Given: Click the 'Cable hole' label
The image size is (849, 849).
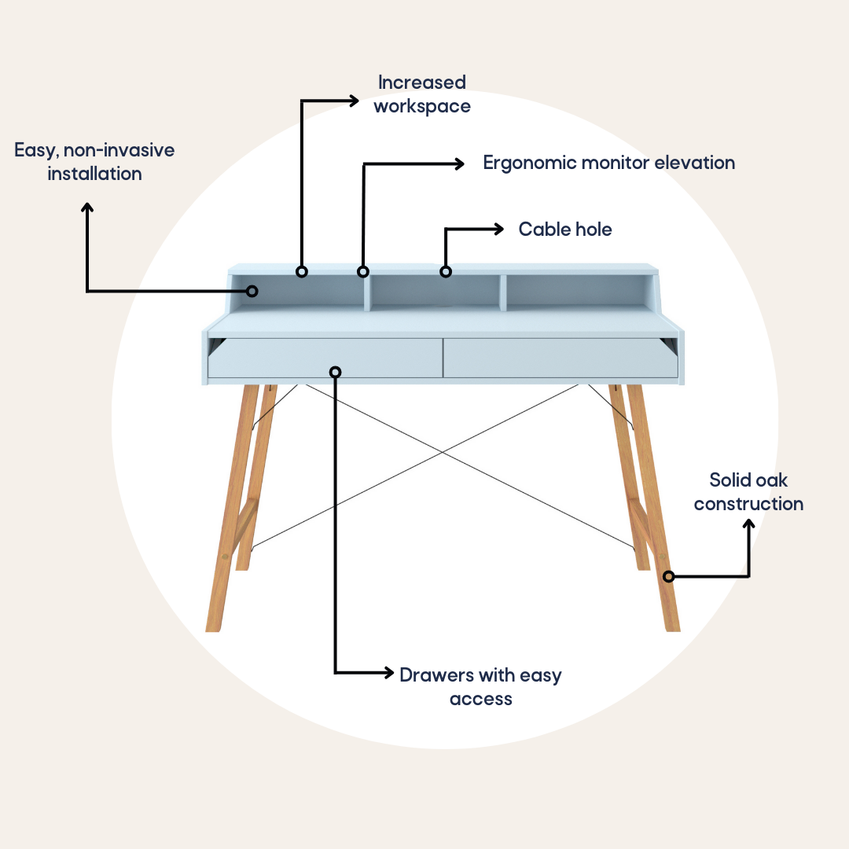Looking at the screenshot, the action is (x=565, y=229).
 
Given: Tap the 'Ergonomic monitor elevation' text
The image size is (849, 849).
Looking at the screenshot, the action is (x=609, y=163).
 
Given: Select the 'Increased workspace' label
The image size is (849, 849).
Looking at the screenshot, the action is (x=422, y=94).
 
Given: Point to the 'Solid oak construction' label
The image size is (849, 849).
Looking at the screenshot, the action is (x=748, y=491).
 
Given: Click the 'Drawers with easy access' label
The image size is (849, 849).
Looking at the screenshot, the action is (x=481, y=686).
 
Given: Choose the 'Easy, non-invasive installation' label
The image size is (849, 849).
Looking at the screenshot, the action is (x=94, y=162).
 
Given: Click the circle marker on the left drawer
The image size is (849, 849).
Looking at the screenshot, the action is (x=335, y=372).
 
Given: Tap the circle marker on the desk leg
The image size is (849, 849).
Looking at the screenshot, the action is (x=669, y=577).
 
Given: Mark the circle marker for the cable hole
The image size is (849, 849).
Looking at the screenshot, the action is (x=446, y=272).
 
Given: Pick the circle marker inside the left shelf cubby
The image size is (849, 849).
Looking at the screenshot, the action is (x=252, y=292).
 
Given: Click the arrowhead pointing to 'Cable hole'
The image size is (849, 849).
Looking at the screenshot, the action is (x=499, y=229).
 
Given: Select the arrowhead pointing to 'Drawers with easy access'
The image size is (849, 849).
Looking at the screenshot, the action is (x=389, y=672).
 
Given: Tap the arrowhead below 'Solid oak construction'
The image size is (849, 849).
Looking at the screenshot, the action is (x=749, y=524).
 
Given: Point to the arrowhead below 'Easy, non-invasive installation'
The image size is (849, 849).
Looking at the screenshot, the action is (x=87, y=208).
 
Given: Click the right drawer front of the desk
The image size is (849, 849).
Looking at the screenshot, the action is (x=560, y=358).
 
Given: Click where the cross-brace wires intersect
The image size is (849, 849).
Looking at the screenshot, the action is (x=443, y=452).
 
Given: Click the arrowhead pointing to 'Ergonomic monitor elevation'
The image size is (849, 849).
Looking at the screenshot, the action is (x=459, y=164).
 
